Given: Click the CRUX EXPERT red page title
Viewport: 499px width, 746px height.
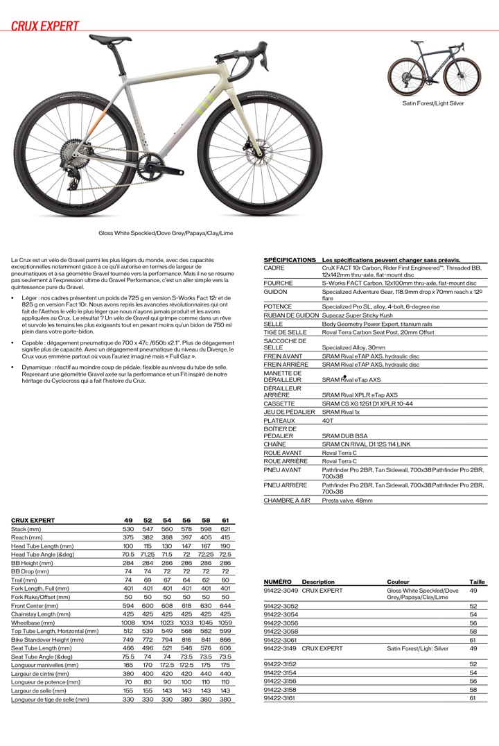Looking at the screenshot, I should (45, 26).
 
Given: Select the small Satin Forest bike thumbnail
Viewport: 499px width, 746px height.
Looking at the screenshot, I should (433, 68).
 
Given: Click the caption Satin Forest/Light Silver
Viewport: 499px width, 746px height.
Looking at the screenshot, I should (433, 103).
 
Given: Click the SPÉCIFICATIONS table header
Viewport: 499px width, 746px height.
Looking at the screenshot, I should (290, 259).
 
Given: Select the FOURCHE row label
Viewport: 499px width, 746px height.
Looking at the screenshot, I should (279, 283).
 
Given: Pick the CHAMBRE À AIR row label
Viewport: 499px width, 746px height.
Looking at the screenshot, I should (287, 500).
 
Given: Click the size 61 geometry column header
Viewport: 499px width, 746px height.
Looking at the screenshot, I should (225, 520).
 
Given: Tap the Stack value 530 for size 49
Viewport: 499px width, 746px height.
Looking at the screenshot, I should (128, 529).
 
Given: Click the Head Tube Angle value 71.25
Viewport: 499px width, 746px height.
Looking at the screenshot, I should (148, 554).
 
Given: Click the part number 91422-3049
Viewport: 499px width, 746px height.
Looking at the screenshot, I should (281, 591).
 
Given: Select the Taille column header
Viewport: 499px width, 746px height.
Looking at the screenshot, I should (478, 582).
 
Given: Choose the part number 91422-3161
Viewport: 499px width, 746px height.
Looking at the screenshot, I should (281, 698).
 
